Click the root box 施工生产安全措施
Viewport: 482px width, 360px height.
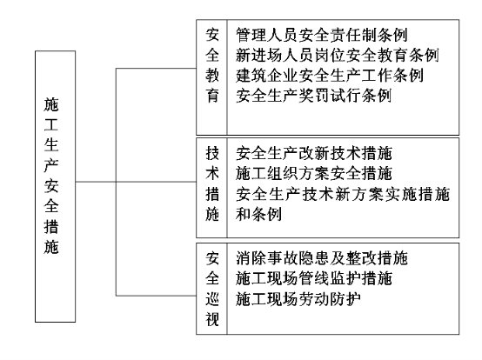tap(56, 186)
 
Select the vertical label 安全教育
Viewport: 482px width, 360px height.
tap(212, 65)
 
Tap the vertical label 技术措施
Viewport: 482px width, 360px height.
tap(212, 183)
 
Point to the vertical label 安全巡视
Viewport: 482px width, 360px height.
tap(212, 289)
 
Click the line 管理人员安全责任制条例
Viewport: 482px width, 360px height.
tap(322, 35)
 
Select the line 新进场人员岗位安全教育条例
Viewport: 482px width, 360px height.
tap(338, 55)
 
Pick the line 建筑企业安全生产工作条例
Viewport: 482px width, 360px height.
tap(330, 76)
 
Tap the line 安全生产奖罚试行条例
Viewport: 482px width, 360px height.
tap(313, 96)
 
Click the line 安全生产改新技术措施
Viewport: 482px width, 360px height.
tap(314, 153)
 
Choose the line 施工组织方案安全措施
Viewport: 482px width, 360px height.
tap(314, 174)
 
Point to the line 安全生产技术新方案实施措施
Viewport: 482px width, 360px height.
tap(343, 194)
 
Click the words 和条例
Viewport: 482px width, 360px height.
tap(258, 214)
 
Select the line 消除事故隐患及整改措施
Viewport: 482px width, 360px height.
tap(322, 258)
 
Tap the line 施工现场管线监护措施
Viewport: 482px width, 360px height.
tap(314, 278)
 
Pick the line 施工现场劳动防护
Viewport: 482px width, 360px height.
tap(298, 298)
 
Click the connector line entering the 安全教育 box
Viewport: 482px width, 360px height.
tap(156, 68)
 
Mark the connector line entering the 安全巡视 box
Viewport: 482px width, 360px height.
tap(156, 296)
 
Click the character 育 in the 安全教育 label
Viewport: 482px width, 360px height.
tap(212, 96)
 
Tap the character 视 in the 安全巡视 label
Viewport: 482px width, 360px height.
tap(212, 319)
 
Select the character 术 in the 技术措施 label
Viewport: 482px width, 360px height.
tap(212, 174)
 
